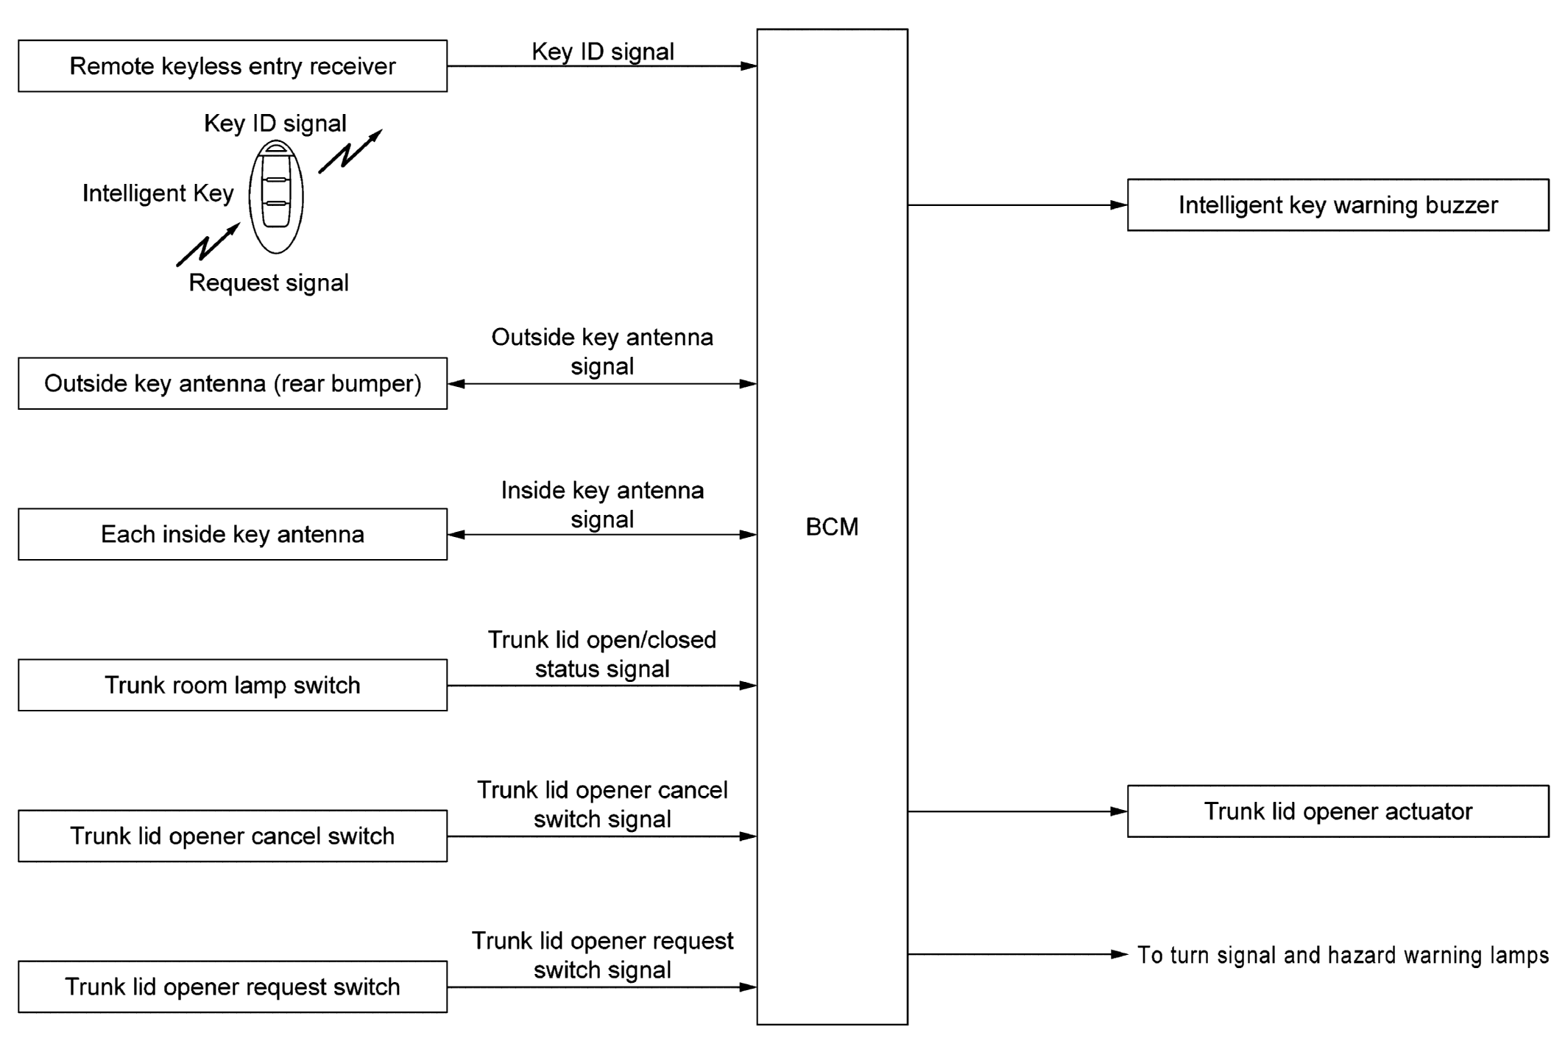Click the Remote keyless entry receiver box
pyautogui.click(x=233, y=66)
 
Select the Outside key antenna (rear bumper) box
pyautogui.click(x=233, y=383)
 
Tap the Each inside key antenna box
pyautogui.click(x=233, y=534)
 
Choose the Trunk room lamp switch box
pyautogui.click(x=233, y=685)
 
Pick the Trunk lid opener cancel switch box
pyautogui.click(x=233, y=836)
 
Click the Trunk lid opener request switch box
pyautogui.click(x=233, y=986)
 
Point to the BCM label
pyautogui.click(x=832, y=527)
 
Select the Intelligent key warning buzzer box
pyautogui.click(x=1338, y=205)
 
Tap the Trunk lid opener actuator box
pyautogui.click(x=1338, y=811)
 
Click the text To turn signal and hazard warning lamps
pyautogui.click(x=1343, y=955)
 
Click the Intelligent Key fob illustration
pyautogui.click(x=276, y=196)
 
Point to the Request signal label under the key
pyautogui.click(x=269, y=282)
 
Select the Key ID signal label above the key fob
pyautogui.click(x=275, y=123)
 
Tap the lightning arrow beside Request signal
pyautogui.click(x=208, y=244)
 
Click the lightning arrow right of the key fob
pyautogui.click(x=350, y=152)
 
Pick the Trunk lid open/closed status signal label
pyautogui.click(x=602, y=654)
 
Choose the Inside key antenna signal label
pyautogui.click(x=602, y=505)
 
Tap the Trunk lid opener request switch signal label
pyautogui.click(x=602, y=955)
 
